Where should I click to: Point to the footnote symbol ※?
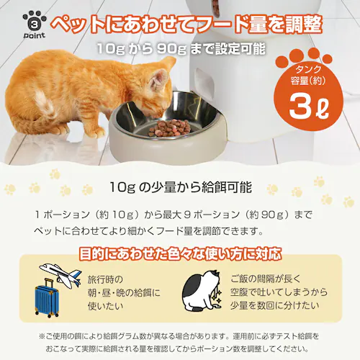(41, 336)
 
